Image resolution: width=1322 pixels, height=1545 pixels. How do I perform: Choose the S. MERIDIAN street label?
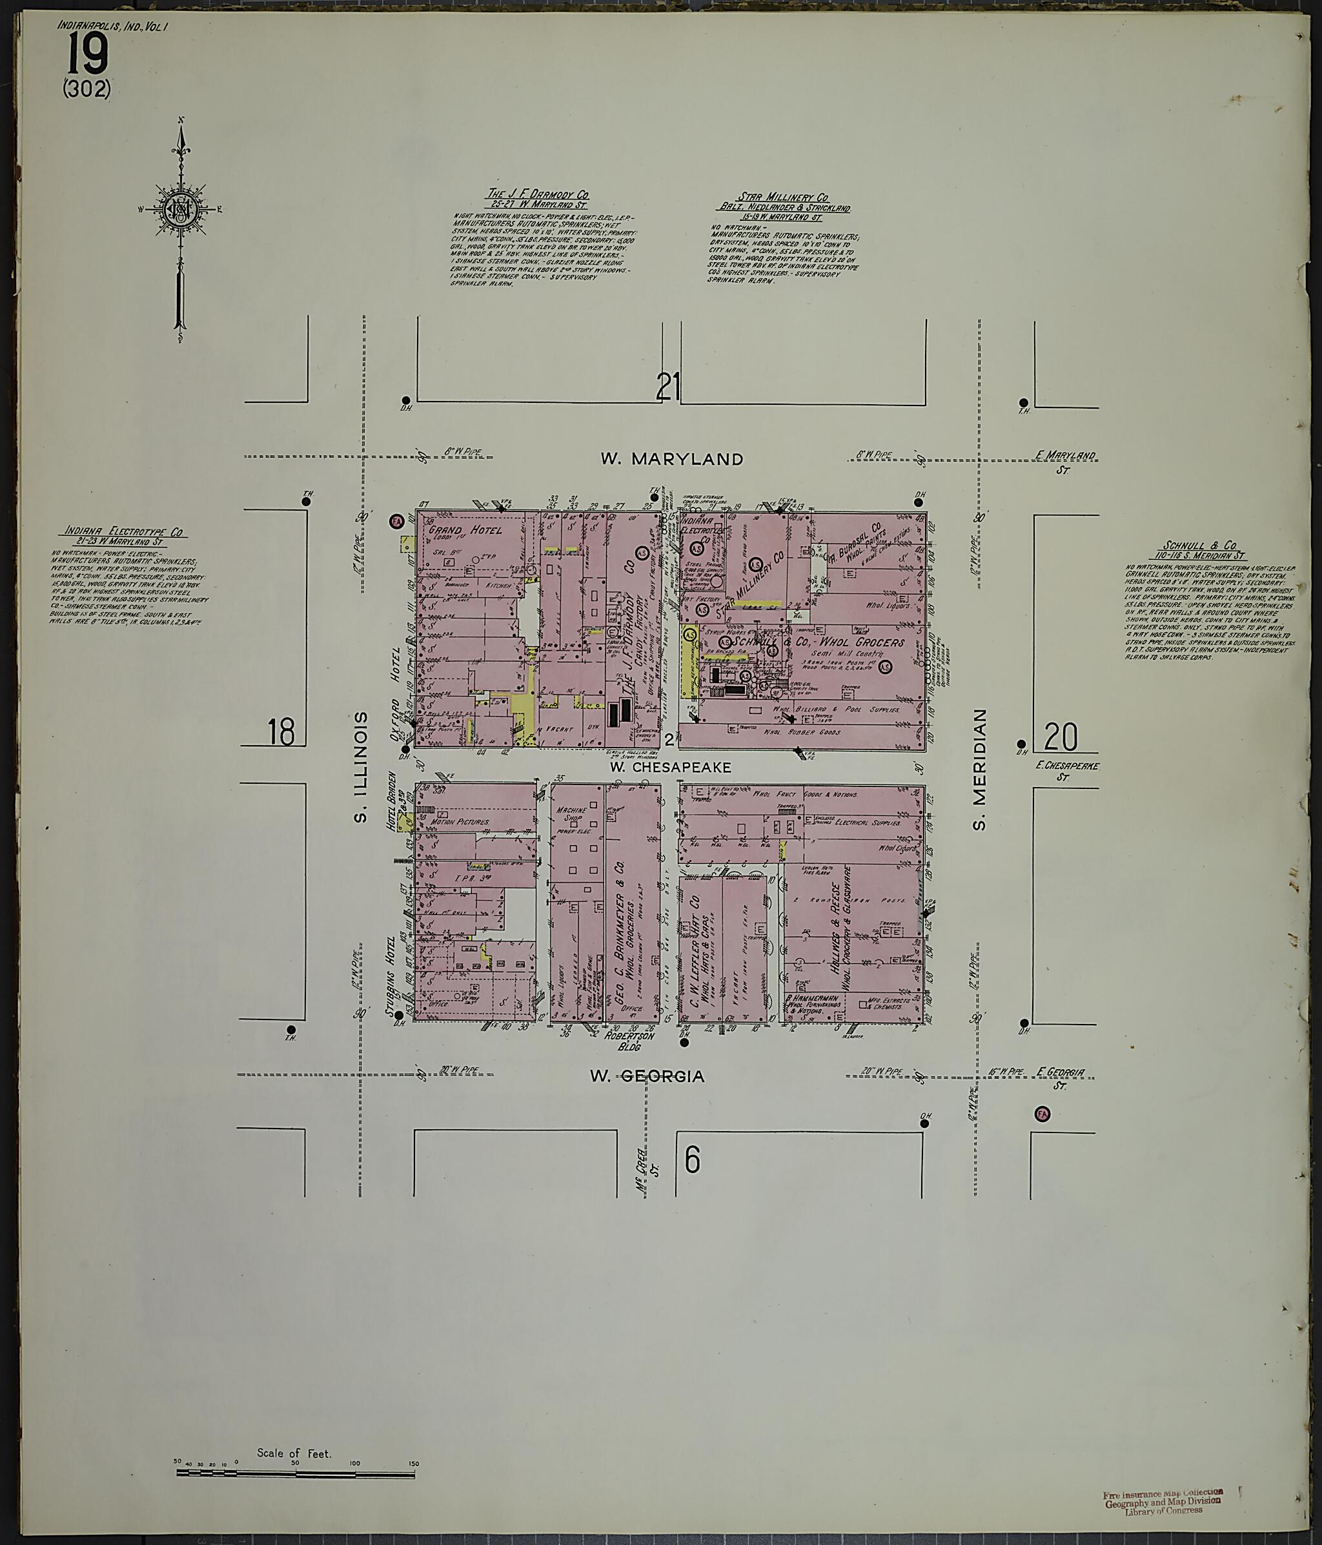tap(980, 768)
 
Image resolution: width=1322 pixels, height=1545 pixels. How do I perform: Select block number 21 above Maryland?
tap(668, 387)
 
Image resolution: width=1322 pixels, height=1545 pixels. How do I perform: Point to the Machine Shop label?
tap(576, 815)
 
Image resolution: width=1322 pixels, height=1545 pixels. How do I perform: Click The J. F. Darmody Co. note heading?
tap(537, 196)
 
